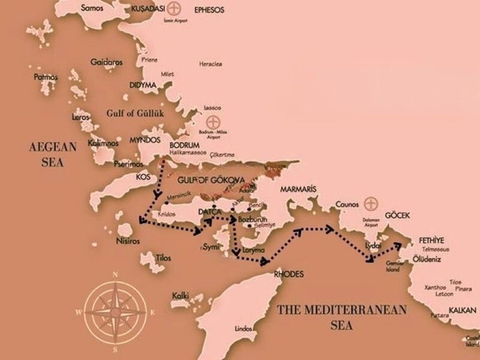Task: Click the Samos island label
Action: click(x=91, y=8)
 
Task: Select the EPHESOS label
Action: click(x=209, y=9)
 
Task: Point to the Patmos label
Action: click(x=46, y=76)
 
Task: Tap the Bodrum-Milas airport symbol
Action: click(x=214, y=122)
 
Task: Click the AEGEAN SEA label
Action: click(x=52, y=154)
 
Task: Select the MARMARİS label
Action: click(x=298, y=189)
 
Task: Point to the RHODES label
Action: click(x=288, y=274)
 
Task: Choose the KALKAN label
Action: click(x=463, y=310)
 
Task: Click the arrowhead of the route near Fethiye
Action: click(x=398, y=244)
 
